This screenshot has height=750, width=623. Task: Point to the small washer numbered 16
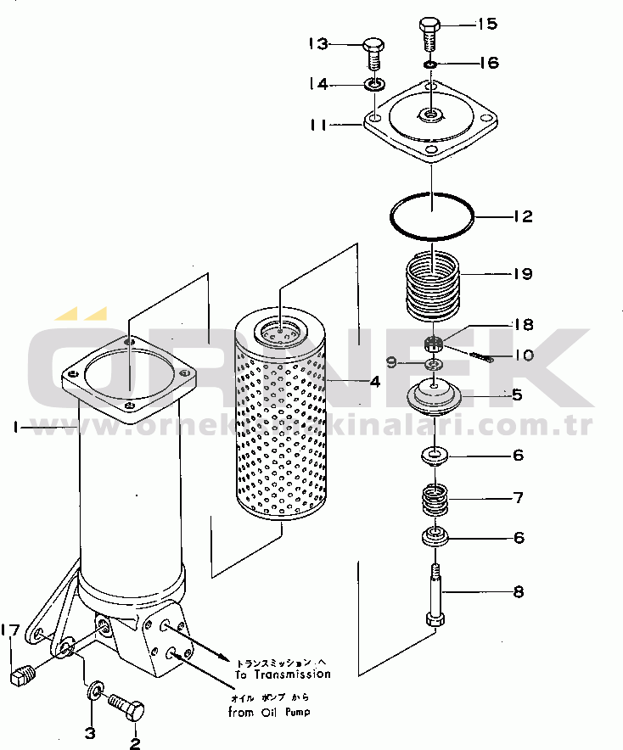pyautogui.click(x=431, y=64)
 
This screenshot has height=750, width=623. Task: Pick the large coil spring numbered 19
pyautogui.click(x=432, y=288)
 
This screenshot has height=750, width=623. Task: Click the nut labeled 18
pyautogui.click(x=433, y=344)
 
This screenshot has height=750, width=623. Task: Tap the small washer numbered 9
pyautogui.click(x=434, y=364)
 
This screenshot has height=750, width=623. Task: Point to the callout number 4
pyautogui.click(x=373, y=382)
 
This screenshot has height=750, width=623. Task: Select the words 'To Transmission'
pyautogui.click(x=283, y=674)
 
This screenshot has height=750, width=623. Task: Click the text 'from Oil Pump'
pyautogui.click(x=268, y=712)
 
